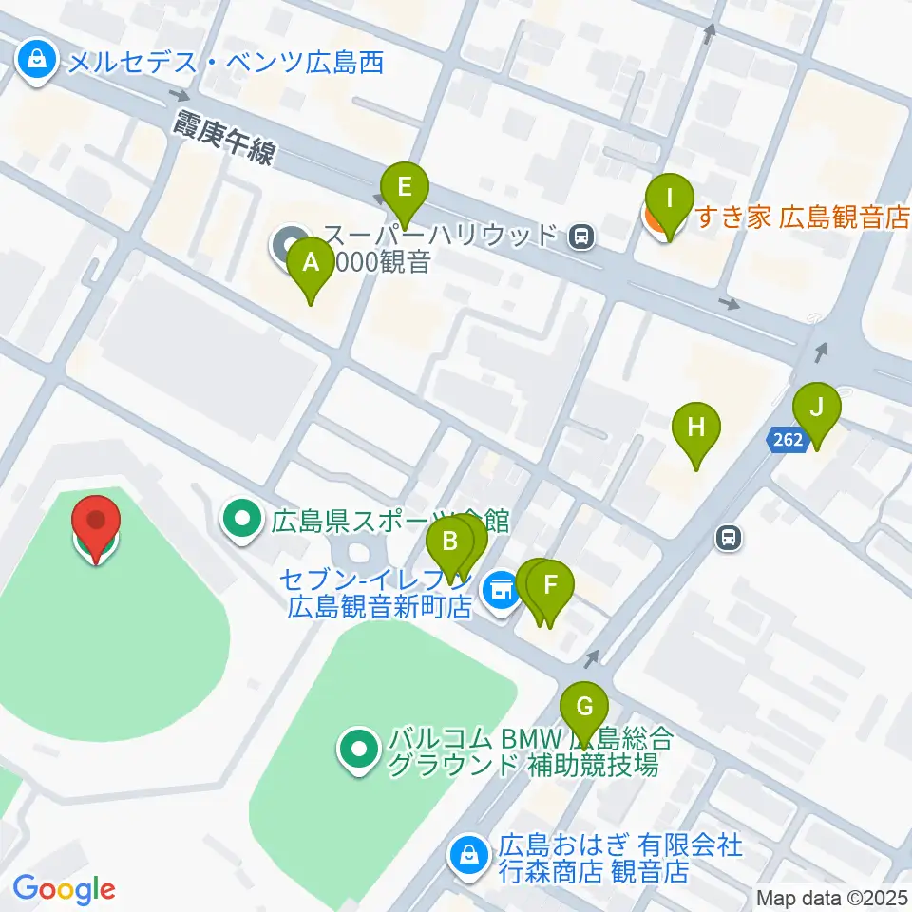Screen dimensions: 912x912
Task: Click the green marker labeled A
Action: [x=311, y=265]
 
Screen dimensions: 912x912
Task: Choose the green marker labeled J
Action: [x=815, y=409]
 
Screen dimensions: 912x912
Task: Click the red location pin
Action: [x=97, y=522]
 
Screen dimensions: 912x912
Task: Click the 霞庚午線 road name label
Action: [x=223, y=138]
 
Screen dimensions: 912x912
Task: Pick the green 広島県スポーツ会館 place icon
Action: [x=241, y=520]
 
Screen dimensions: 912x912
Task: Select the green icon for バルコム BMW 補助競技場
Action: [x=359, y=751]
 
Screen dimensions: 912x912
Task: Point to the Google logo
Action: [x=64, y=890]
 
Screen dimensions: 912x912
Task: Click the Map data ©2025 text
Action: [x=830, y=897]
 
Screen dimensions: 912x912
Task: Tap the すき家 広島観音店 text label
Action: [x=804, y=218]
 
